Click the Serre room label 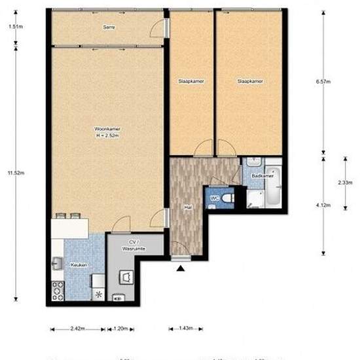(109, 27)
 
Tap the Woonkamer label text (107, 132)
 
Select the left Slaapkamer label (191, 81)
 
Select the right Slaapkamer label (250, 81)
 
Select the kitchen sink (57, 263)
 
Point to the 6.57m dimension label (323, 82)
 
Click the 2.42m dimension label (77, 327)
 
